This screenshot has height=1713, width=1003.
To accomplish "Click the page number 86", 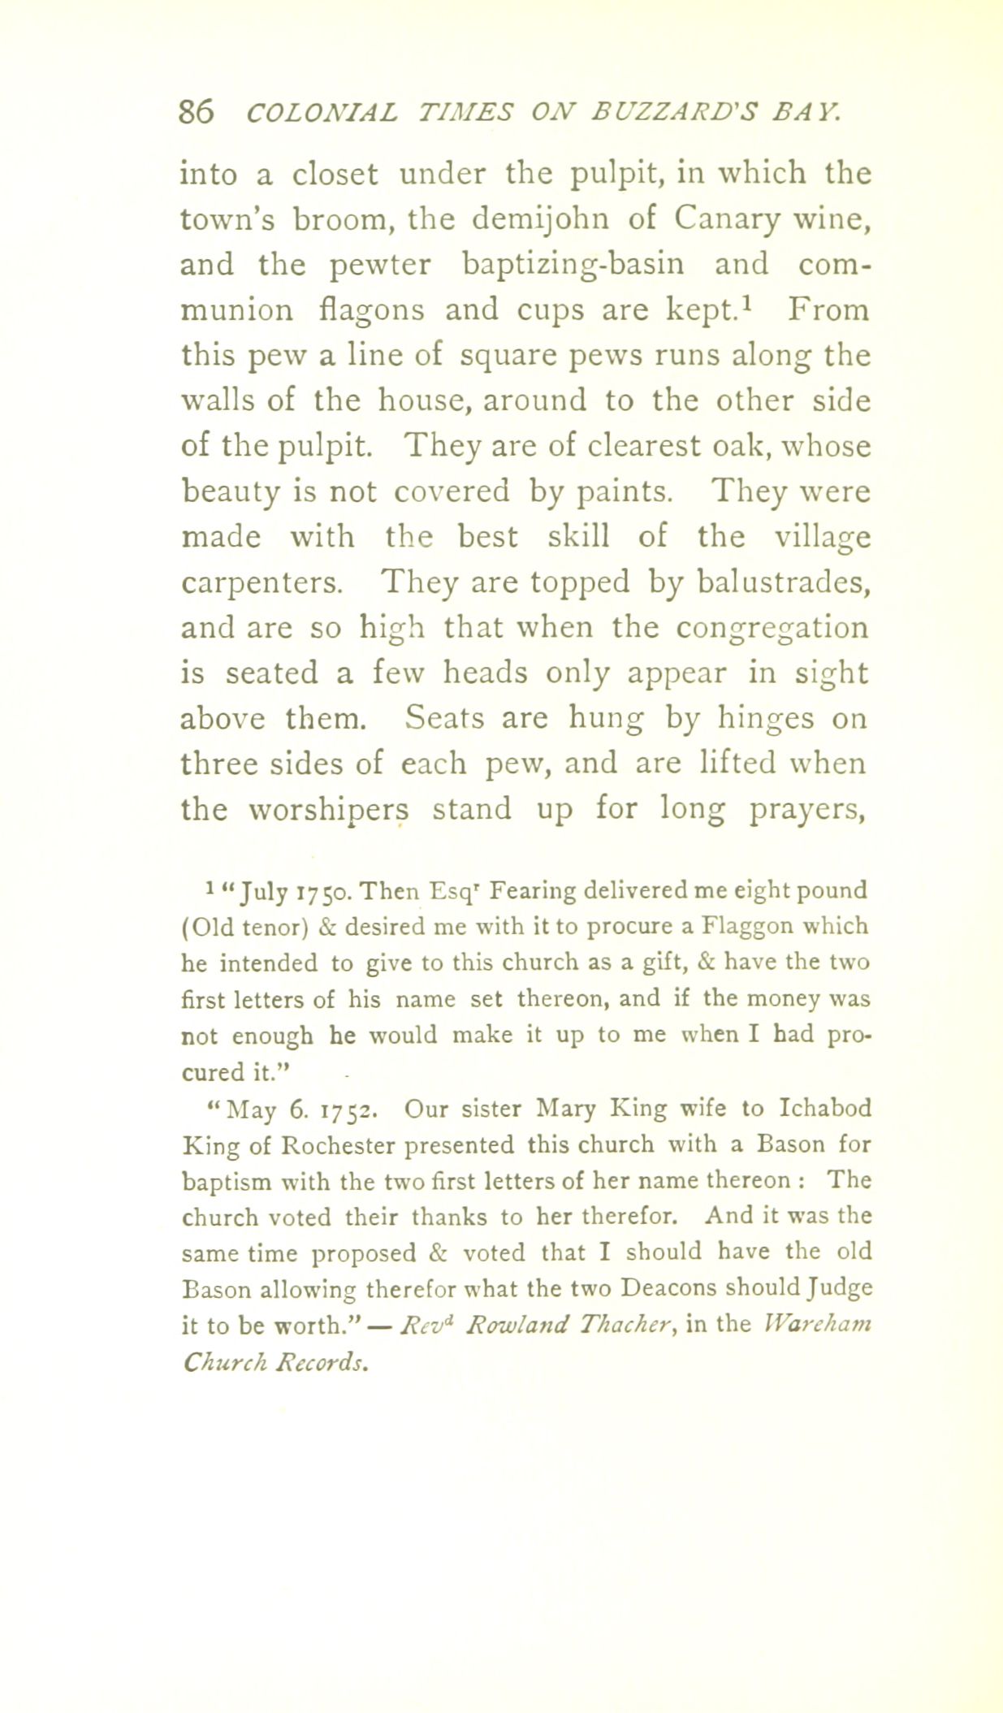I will point(197,111).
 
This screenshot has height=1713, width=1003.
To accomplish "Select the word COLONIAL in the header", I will point(322,111).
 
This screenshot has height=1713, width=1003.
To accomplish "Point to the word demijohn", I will point(531,219).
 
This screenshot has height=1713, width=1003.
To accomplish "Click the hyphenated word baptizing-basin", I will point(573,265).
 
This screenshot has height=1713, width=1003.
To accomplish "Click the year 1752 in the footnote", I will point(348,1110).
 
